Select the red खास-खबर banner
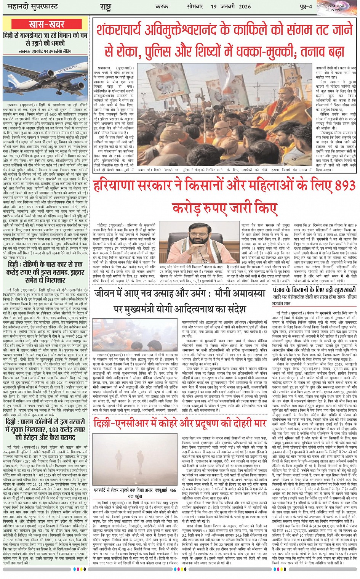[46, 24]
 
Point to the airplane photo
[46, 77]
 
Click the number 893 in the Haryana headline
[335, 186]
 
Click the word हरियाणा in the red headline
[114, 186]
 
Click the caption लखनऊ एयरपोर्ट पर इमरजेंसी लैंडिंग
[46, 51]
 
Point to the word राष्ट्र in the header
[105, 7]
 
